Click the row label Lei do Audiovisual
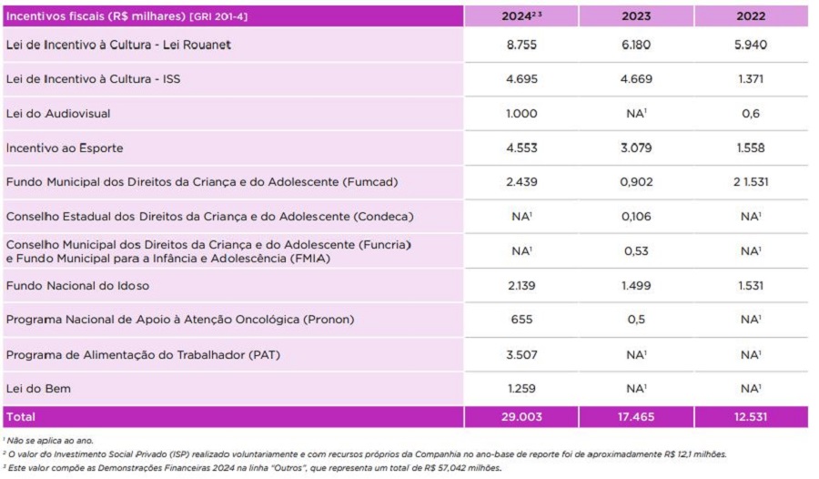pyautogui.click(x=58, y=114)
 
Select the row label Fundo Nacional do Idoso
pyautogui.click(x=77, y=285)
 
